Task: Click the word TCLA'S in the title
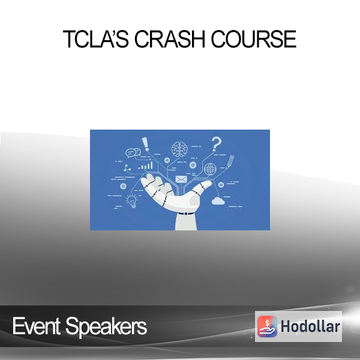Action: pyautogui.click(x=96, y=39)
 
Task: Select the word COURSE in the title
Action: pyautogui.click(x=254, y=39)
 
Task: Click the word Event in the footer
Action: pyautogui.click(x=36, y=326)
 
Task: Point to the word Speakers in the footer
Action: pyautogui.click(x=106, y=327)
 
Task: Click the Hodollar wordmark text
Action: pyautogui.click(x=310, y=326)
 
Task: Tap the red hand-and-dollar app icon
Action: pyautogui.click(x=267, y=326)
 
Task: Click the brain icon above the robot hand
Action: pyautogui.click(x=179, y=149)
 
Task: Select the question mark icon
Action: pyautogui.click(x=216, y=144)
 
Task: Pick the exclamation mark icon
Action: pyautogui.click(x=145, y=144)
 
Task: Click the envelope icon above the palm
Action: pyautogui.click(x=181, y=179)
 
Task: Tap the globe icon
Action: pyautogui.click(x=210, y=169)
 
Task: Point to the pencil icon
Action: pyautogui.click(x=230, y=161)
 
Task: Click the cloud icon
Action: pyautogui.click(x=218, y=200)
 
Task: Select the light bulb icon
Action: pyautogui.click(x=132, y=201)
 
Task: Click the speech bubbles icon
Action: pyautogui.click(x=133, y=153)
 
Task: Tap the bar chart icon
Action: pyautogui.click(x=146, y=166)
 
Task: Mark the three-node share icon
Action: pyautogui.click(x=127, y=168)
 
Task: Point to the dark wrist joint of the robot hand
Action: pyautogui.click(x=186, y=214)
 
